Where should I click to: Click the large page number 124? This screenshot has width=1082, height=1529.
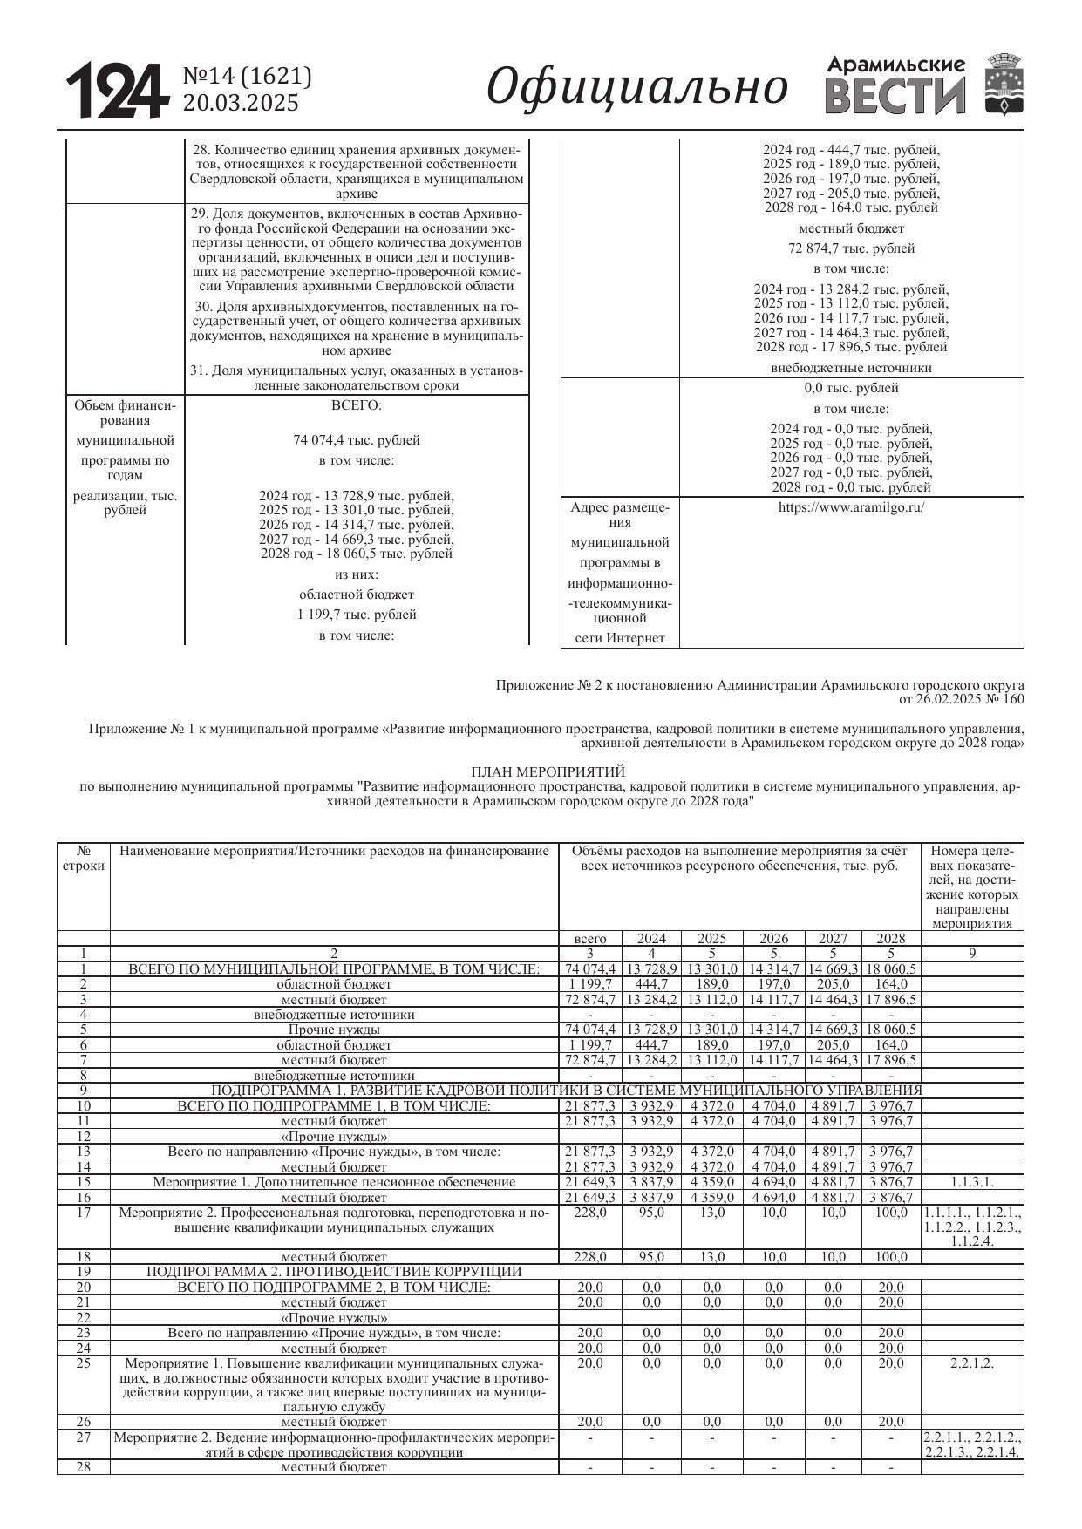[x=116, y=91]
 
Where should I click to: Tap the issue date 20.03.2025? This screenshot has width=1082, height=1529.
[x=240, y=104]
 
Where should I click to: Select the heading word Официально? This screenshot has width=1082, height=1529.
[x=636, y=87]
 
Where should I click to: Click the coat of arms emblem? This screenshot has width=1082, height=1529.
[x=1004, y=85]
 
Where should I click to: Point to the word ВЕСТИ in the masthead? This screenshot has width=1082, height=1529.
[x=895, y=96]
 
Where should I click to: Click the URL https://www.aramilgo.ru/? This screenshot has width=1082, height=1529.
[x=851, y=507]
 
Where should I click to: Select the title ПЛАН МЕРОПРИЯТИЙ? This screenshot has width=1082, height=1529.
[x=548, y=771]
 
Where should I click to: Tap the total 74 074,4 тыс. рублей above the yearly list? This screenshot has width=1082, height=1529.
[x=357, y=440]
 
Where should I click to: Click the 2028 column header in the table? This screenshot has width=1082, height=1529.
[x=890, y=939]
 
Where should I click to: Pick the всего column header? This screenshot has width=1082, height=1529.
[x=590, y=939]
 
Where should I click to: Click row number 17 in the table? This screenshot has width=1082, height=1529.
[x=84, y=1213]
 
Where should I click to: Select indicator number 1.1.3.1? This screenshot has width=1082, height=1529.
[x=971, y=1182]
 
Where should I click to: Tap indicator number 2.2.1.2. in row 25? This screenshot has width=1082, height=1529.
[x=971, y=1363]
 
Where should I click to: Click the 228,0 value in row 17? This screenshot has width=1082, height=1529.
[x=590, y=1213]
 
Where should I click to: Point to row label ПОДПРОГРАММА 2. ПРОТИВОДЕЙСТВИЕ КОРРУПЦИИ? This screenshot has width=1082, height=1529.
[x=334, y=1272]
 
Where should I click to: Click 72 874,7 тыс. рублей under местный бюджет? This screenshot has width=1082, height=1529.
[x=851, y=248]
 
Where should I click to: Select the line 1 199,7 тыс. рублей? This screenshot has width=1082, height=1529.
[x=357, y=615]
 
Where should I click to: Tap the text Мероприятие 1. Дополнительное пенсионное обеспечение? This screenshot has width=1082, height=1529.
[x=334, y=1182]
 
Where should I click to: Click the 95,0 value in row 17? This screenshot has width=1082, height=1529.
[x=651, y=1213]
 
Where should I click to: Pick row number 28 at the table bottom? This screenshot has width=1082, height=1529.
[x=84, y=1467]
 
